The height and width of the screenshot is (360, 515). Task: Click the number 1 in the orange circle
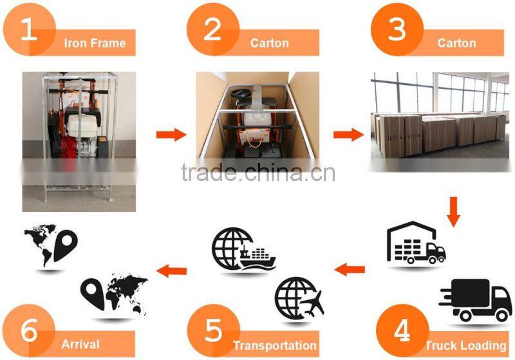28,30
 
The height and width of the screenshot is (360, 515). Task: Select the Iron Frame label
95,43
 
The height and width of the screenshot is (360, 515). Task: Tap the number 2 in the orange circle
212,30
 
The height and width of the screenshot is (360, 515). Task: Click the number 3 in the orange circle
397,30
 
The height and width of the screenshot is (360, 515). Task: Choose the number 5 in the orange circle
214,330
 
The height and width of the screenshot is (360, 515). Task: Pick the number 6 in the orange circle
29,330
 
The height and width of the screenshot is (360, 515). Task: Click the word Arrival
80,345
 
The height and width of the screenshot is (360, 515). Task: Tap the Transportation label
275,345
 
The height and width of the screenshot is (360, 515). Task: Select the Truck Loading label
465,345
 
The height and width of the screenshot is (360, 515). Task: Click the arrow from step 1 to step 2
171,135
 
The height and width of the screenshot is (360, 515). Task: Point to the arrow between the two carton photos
348,135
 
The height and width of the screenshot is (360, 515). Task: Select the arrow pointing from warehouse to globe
350,270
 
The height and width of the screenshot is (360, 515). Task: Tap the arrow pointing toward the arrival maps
171,270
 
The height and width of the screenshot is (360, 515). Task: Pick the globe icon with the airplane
299,298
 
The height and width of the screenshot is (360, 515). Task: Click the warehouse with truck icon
416,242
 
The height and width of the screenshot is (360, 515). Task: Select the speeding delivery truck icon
475,300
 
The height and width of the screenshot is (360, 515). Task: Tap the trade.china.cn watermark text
258,173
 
